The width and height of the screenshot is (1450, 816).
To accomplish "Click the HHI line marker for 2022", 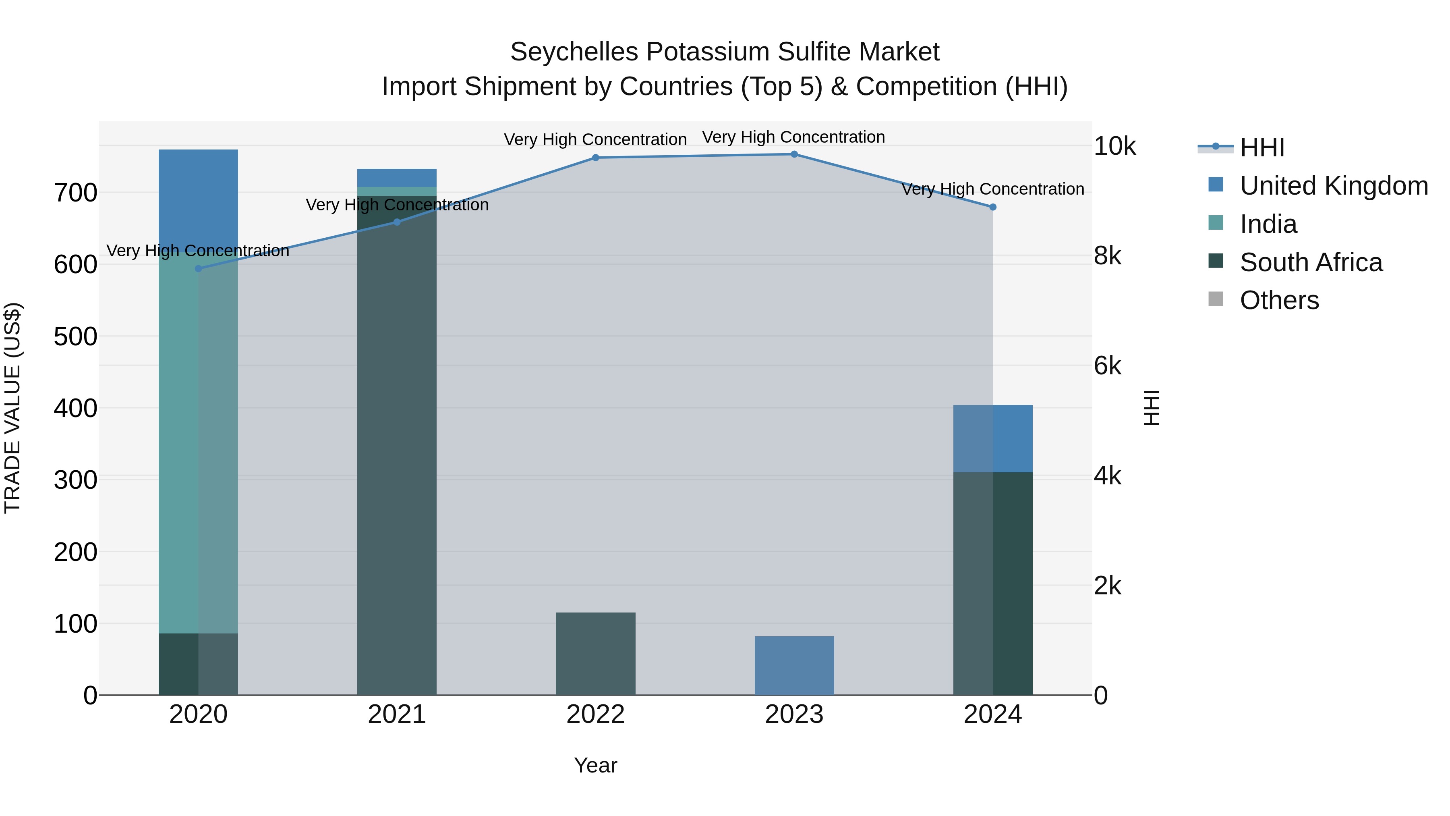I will click(596, 158).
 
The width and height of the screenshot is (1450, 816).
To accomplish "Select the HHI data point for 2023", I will click(794, 154).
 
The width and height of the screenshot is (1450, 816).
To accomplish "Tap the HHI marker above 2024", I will click(993, 207).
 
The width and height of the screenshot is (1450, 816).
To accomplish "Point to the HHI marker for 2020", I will click(198, 269).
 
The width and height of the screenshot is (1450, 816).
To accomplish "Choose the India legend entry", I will click(1268, 224).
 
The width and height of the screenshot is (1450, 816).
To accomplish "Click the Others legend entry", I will click(1279, 300).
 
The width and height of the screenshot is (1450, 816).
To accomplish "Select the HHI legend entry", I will click(1261, 147).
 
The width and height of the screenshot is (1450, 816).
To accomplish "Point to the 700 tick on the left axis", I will click(75, 193).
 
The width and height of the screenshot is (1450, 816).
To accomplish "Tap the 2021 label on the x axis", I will click(397, 714).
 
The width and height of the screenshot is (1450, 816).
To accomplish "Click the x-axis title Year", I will click(596, 765).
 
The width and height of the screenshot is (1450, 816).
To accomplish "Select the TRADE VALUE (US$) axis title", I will click(12, 408).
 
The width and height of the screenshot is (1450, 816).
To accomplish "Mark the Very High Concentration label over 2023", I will click(793, 137).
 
